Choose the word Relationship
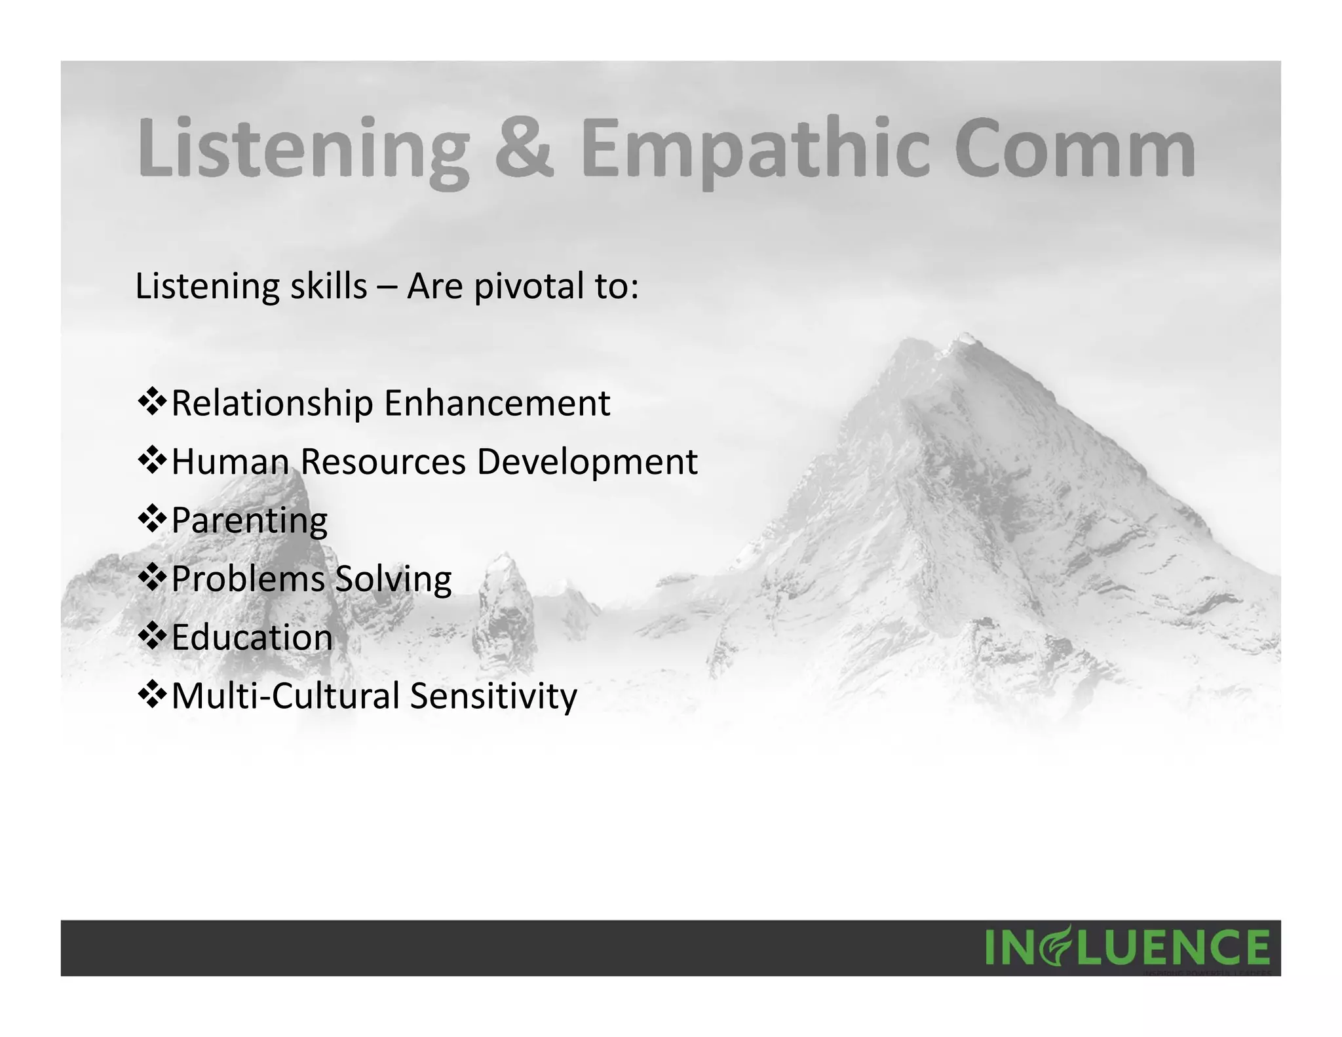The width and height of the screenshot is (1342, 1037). tap(272, 403)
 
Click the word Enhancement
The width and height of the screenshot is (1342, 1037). tap(497, 403)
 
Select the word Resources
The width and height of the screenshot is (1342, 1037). tap(383, 461)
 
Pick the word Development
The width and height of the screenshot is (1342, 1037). tap(587, 462)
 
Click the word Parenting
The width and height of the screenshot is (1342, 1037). tap(250, 520)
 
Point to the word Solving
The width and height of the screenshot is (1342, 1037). tap(393, 579)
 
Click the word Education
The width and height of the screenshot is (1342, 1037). tap(252, 637)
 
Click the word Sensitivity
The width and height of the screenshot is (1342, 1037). tap(493, 695)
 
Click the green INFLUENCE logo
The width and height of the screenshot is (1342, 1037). tap(1127, 947)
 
